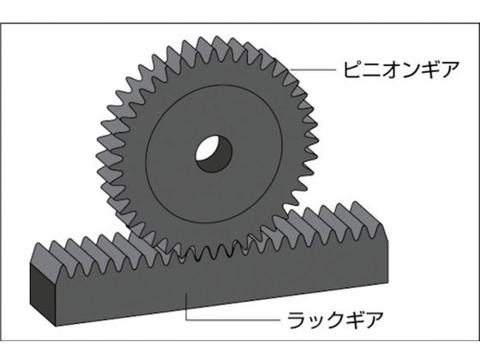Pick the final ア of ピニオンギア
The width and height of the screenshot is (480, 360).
pyautogui.click(x=449, y=70)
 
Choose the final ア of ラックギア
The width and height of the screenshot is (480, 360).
pyautogui.click(x=374, y=320)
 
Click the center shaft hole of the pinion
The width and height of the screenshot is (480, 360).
pyautogui.click(x=213, y=153)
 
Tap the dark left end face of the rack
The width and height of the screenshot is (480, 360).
pyautogui.click(x=43, y=293)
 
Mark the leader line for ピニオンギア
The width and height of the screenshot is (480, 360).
pyautogui.click(x=313, y=70)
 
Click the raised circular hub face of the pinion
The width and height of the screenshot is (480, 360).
pyautogui.click(x=213, y=153)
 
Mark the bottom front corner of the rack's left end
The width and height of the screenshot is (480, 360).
pyautogui.click(x=57, y=326)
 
